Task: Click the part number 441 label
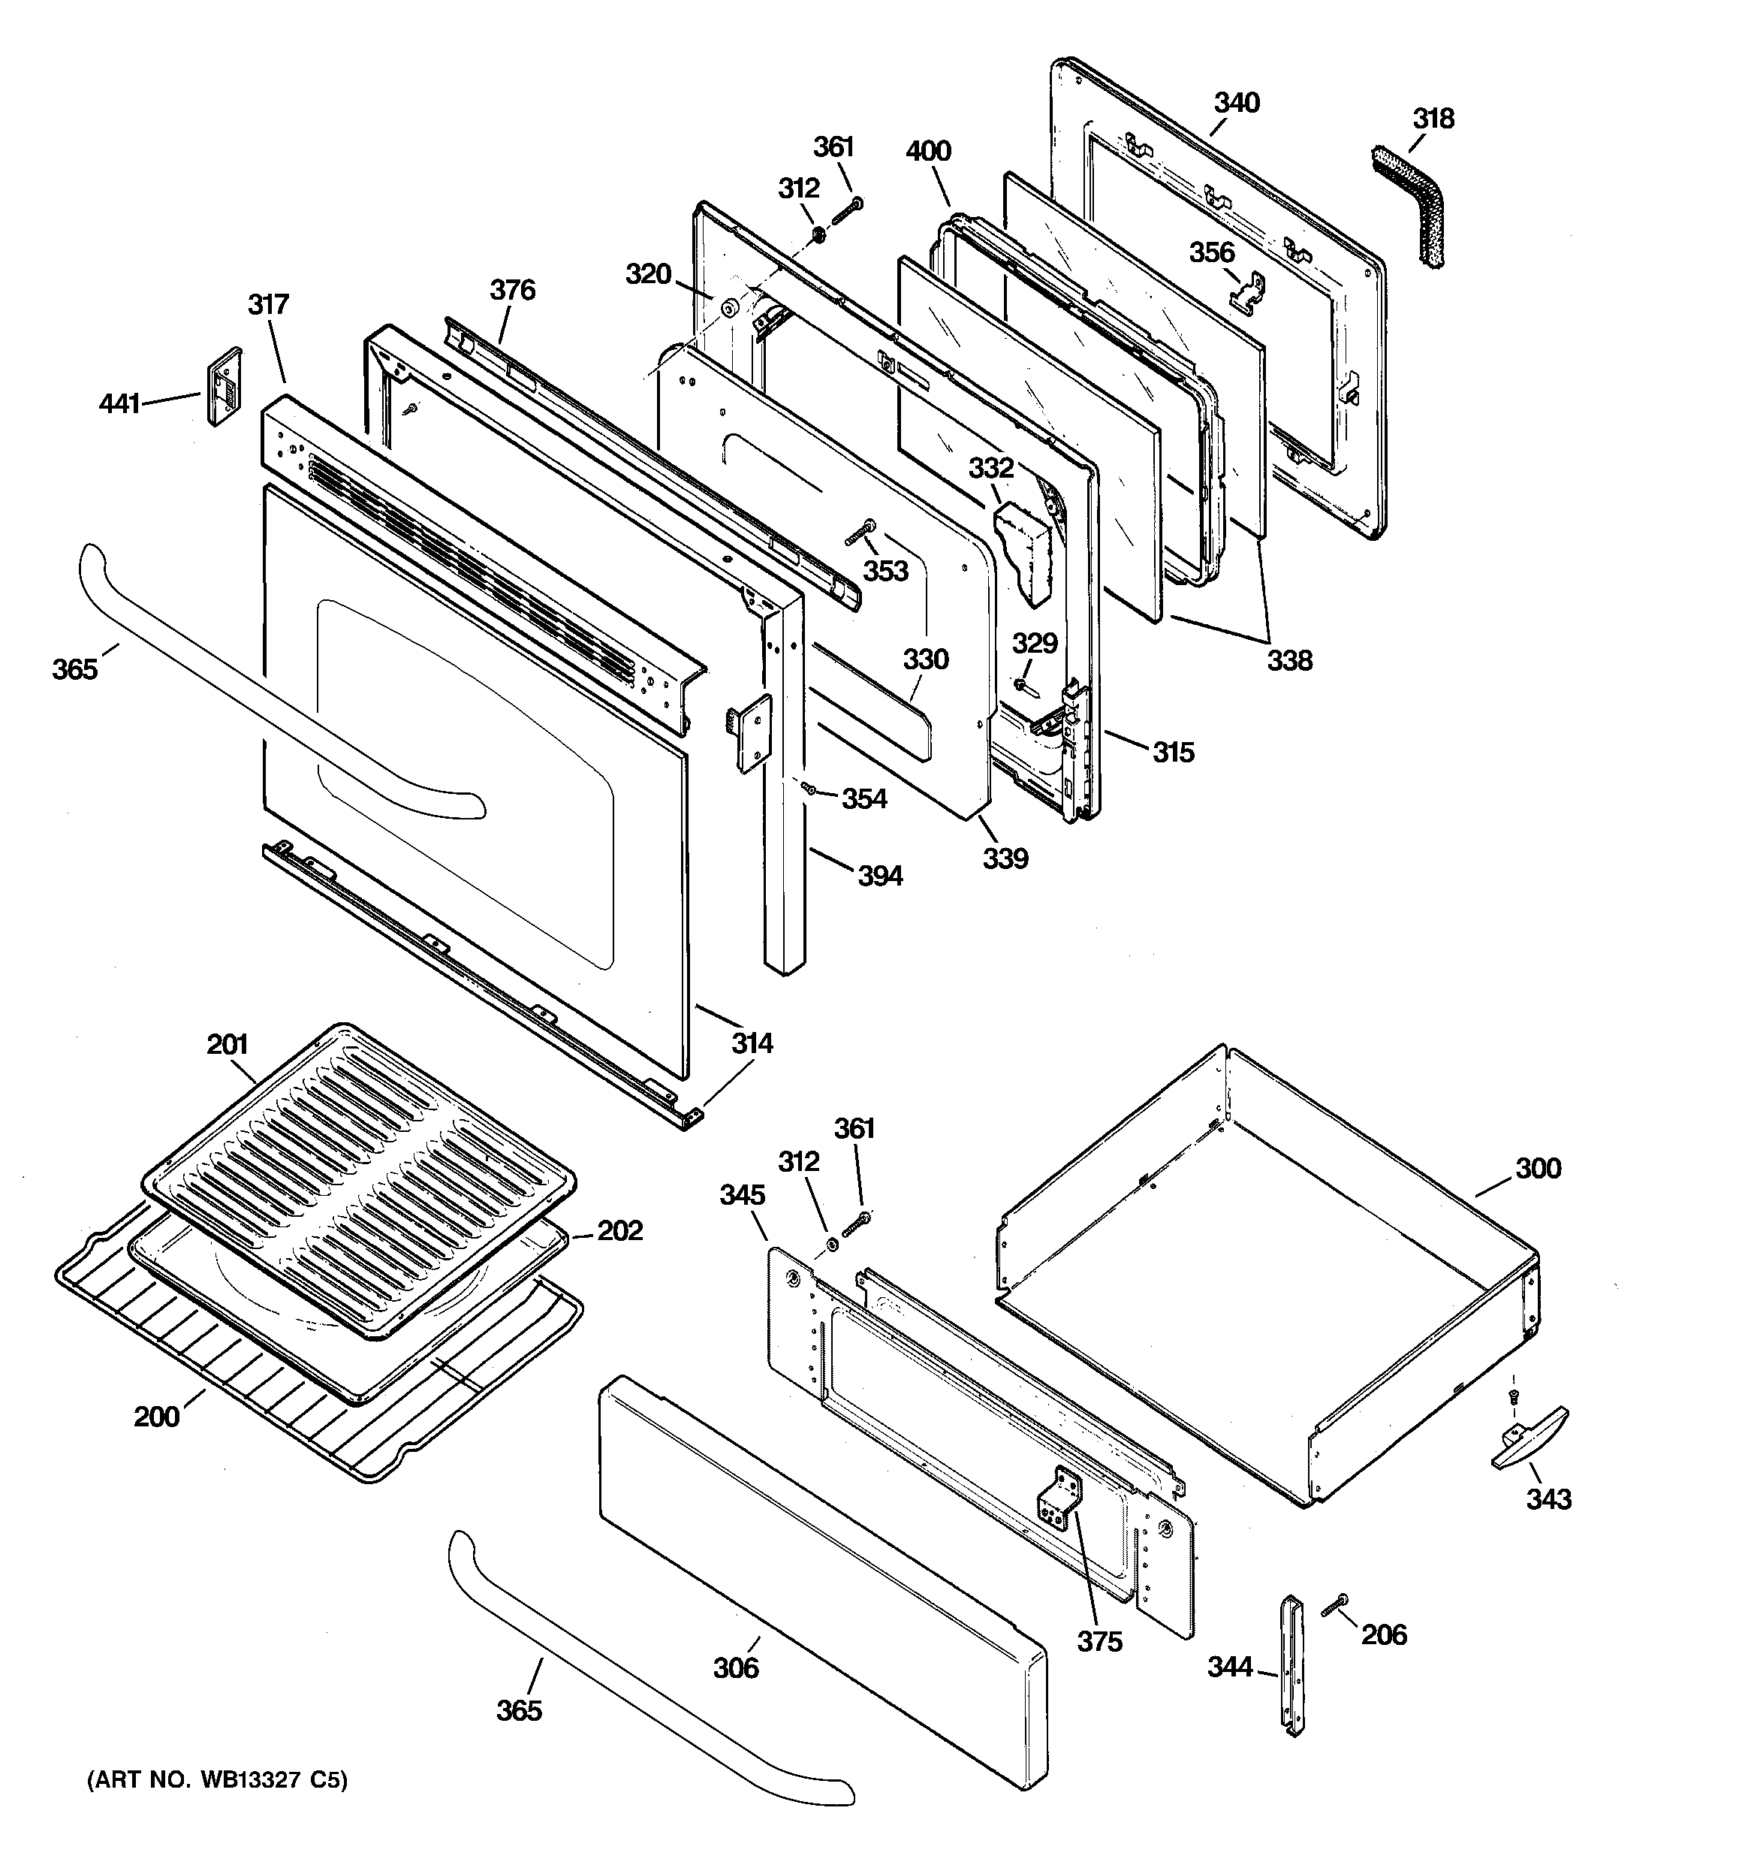tap(119, 404)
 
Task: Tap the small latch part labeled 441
tap(225, 386)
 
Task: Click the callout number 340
tap(1236, 103)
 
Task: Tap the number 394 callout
tap(880, 877)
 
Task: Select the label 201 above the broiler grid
tap(228, 1045)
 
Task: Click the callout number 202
tap(620, 1230)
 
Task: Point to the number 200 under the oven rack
tap(156, 1417)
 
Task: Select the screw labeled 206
tap(1334, 1607)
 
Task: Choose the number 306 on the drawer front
tap(736, 1667)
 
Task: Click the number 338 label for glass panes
tap(1289, 661)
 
